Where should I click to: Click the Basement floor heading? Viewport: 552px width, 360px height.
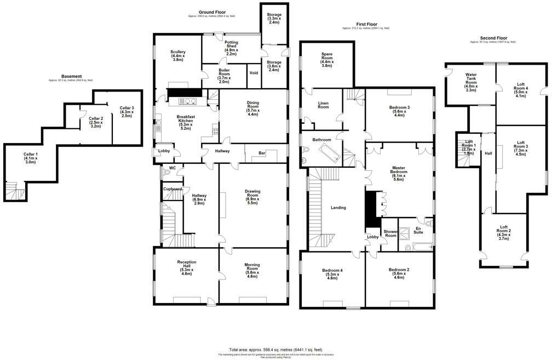71,76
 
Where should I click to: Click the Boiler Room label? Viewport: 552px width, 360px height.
224,75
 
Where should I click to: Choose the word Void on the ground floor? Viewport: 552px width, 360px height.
254,72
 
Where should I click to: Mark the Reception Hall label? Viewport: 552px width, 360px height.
186,267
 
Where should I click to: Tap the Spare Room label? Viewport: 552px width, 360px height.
326,60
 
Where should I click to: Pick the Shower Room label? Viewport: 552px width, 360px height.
390,234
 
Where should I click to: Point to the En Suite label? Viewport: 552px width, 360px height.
419,230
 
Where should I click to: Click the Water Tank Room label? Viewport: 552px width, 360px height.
470,82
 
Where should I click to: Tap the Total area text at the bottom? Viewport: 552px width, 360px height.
275,349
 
